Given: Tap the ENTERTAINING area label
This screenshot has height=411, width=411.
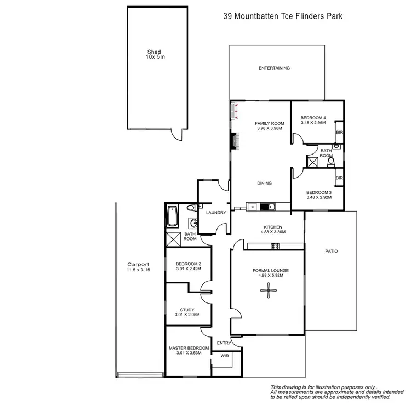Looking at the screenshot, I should coord(274,68).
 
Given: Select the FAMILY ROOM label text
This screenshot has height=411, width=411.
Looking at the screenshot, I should coord(270,126).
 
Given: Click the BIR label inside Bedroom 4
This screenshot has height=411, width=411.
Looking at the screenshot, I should coord(339,133).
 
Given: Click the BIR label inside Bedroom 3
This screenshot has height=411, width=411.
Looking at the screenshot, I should coord(339,178).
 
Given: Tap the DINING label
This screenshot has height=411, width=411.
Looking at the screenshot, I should coord(265,184).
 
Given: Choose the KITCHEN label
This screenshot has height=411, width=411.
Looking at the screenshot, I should coord(272,227).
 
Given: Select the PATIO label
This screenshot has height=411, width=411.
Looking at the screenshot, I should coord(331,252).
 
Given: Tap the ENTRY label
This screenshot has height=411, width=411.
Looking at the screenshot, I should coord(224,343).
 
